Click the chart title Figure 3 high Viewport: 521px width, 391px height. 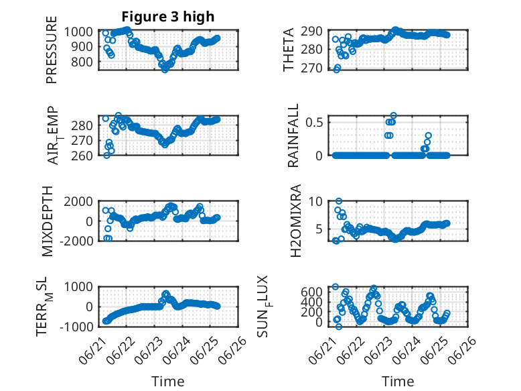pyautogui.click(x=168, y=17)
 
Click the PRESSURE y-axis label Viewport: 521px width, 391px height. pyautogui.click(x=52, y=50)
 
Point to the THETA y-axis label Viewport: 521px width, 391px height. pyautogui.click(x=289, y=50)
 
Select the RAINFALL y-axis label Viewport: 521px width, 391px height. pyautogui.click(x=293, y=135)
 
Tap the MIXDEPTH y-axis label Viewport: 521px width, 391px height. pyautogui.click(x=48, y=221)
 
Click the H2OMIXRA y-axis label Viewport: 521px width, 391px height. pyautogui.click(x=295, y=221)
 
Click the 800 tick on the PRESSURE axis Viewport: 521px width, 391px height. pyautogui.click(x=82, y=62)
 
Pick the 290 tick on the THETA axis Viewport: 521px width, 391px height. pyautogui.click(x=311, y=32)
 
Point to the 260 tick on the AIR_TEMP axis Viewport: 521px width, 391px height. pyautogui.click(x=82, y=156)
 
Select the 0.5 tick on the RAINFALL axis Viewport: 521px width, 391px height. pyautogui.click(x=314, y=122)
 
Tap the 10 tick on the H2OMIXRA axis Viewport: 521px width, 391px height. pyautogui.click(x=315, y=201)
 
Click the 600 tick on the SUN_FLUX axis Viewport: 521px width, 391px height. pyautogui.click(x=311, y=292)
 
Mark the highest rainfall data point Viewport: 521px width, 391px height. pyautogui.click(x=394, y=116)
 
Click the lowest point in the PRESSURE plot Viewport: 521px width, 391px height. pyautogui.click(x=165, y=70)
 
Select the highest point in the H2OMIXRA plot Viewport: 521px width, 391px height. pyautogui.click(x=339, y=201)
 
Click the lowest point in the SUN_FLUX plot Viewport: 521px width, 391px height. pyautogui.click(x=339, y=327)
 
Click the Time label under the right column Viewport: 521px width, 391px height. pyautogui.click(x=398, y=382)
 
